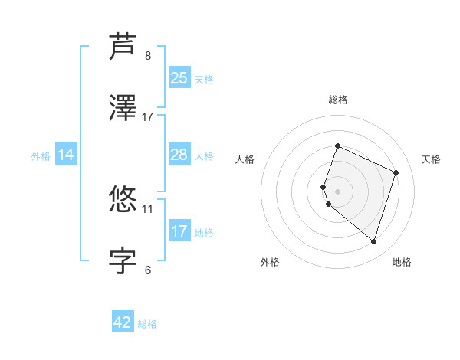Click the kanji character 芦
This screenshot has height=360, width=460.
[x=123, y=47]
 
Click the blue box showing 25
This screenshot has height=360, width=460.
[x=179, y=78]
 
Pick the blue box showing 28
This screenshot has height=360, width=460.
[x=179, y=155]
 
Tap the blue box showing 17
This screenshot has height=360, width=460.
[x=179, y=231]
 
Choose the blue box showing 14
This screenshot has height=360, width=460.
[x=66, y=155]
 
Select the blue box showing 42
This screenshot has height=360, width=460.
[x=123, y=322]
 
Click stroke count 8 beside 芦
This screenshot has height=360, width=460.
[x=148, y=55]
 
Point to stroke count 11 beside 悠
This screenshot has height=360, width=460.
[x=148, y=208]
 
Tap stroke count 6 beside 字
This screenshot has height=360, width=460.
[x=148, y=270]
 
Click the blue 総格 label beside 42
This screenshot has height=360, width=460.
[x=147, y=324]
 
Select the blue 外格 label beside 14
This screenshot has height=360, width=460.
[x=41, y=156]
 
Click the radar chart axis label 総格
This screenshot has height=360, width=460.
[x=337, y=100]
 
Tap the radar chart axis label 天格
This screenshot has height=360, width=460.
[x=431, y=159]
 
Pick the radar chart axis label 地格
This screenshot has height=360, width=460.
[x=402, y=262]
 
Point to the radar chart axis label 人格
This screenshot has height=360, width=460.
[x=245, y=159]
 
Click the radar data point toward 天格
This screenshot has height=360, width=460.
[x=396, y=172]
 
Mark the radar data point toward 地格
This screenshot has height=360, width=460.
[x=373, y=242]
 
